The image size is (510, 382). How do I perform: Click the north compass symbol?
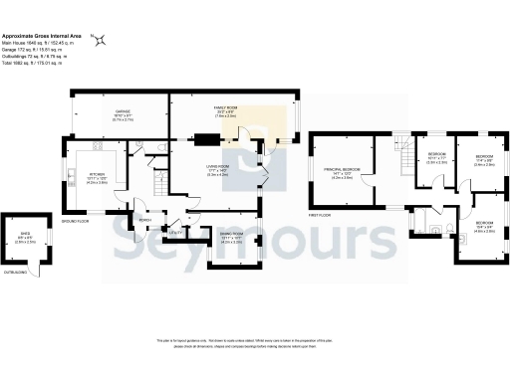(x=99, y=41)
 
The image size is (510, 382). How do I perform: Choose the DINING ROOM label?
(x=231, y=236)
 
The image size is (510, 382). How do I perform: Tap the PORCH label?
(x=144, y=220)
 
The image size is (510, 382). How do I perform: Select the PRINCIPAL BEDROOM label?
(x=343, y=170)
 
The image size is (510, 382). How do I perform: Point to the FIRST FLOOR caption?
(x=318, y=215)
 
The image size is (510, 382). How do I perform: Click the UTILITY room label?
(x=175, y=232)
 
